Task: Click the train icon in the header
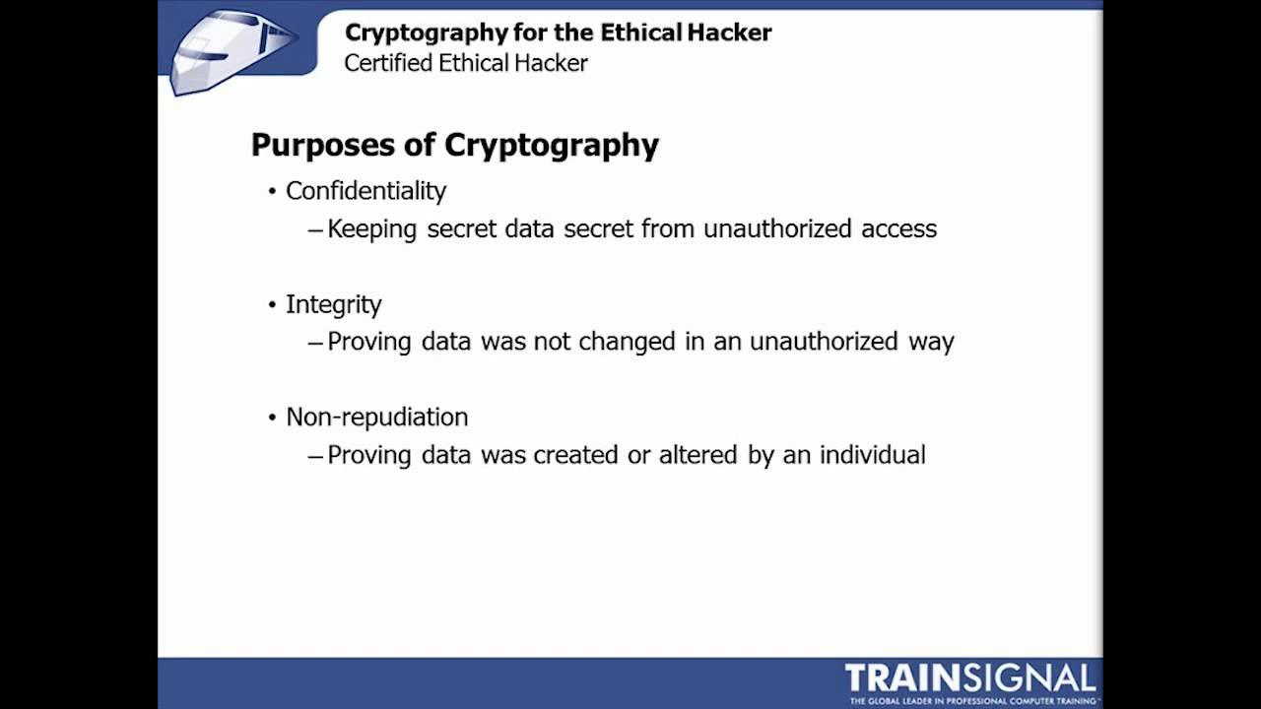pyautogui.click(x=232, y=52)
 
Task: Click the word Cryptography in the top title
pyautogui.click(x=425, y=32)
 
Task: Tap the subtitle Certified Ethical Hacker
pyautogui.click(x=466, y=63)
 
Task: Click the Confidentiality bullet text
pyautogui.click(x=365, y=191)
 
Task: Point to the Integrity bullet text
pyautogui.click(x=333, y=305)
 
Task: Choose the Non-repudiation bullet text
pyautogui.click(x=376, y=418)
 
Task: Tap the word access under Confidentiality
pyautogui.click(x=898, y=229)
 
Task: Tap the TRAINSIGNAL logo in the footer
pyautogui.click(x=970, y=678)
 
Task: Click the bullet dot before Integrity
pyautogui.click(x=273, y=305)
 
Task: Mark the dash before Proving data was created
pyautogui.click(x=315, y=456)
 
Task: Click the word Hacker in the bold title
pyautogui.click(x=730, y=32)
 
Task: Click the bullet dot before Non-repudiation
pyautogui.click(x=273, y=418)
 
